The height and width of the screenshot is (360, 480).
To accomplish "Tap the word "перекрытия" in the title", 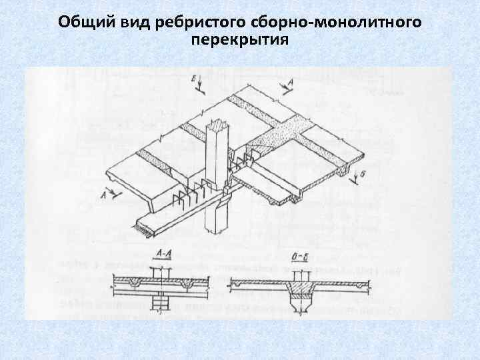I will [239, 41].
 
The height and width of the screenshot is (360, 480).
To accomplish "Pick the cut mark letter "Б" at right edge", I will [361, 175].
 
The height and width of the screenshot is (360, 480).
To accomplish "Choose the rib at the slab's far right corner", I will [344, 172].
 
